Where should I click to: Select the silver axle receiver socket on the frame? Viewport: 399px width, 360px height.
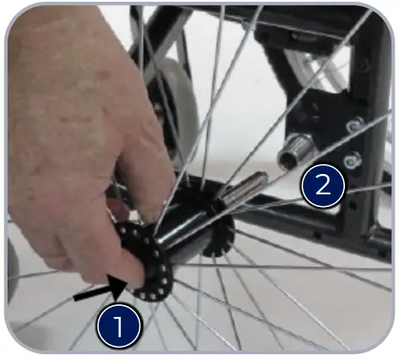(x=298, y=150)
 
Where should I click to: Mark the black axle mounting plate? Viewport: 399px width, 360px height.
(x=325, y=135)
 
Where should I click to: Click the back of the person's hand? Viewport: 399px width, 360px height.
(x=68, y=110)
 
